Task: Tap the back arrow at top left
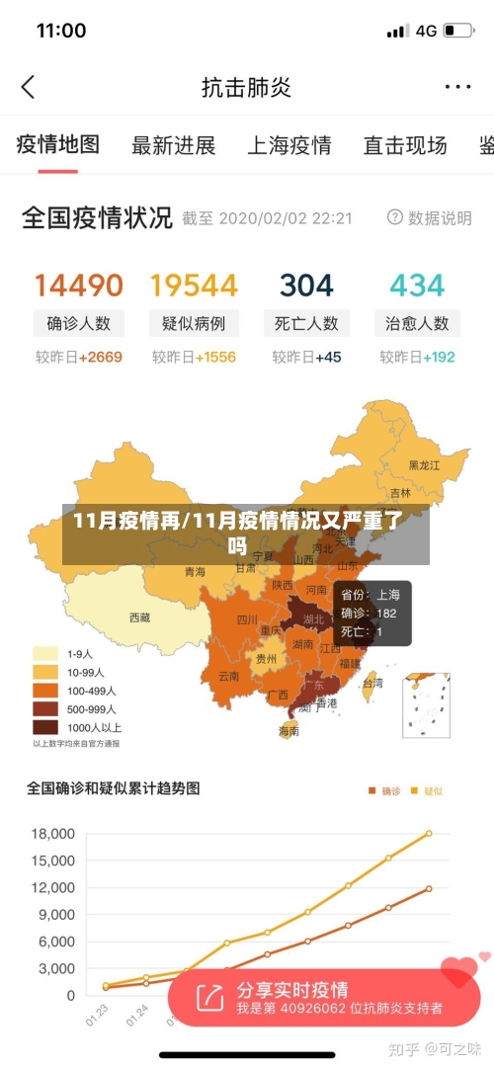(x=28, y=87)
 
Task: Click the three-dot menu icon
(x=457, y=87)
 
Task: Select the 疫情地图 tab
(x=58, y=145)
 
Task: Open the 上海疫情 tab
(x=288, y=146)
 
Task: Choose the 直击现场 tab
(x=405, y=146)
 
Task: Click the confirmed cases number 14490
(x=79, y=286)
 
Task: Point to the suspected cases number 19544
(x=194, y=286)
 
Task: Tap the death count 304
(x=306, y=286)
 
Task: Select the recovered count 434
(x=417, y=286)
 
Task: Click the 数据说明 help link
(x=430, y=218)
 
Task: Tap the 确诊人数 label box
(x=79, y=323)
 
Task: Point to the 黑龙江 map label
(x=425, y=464)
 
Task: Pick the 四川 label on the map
(x=247, y=620)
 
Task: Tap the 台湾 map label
(x=372, y=683)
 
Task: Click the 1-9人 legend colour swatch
(x=45, y=654)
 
